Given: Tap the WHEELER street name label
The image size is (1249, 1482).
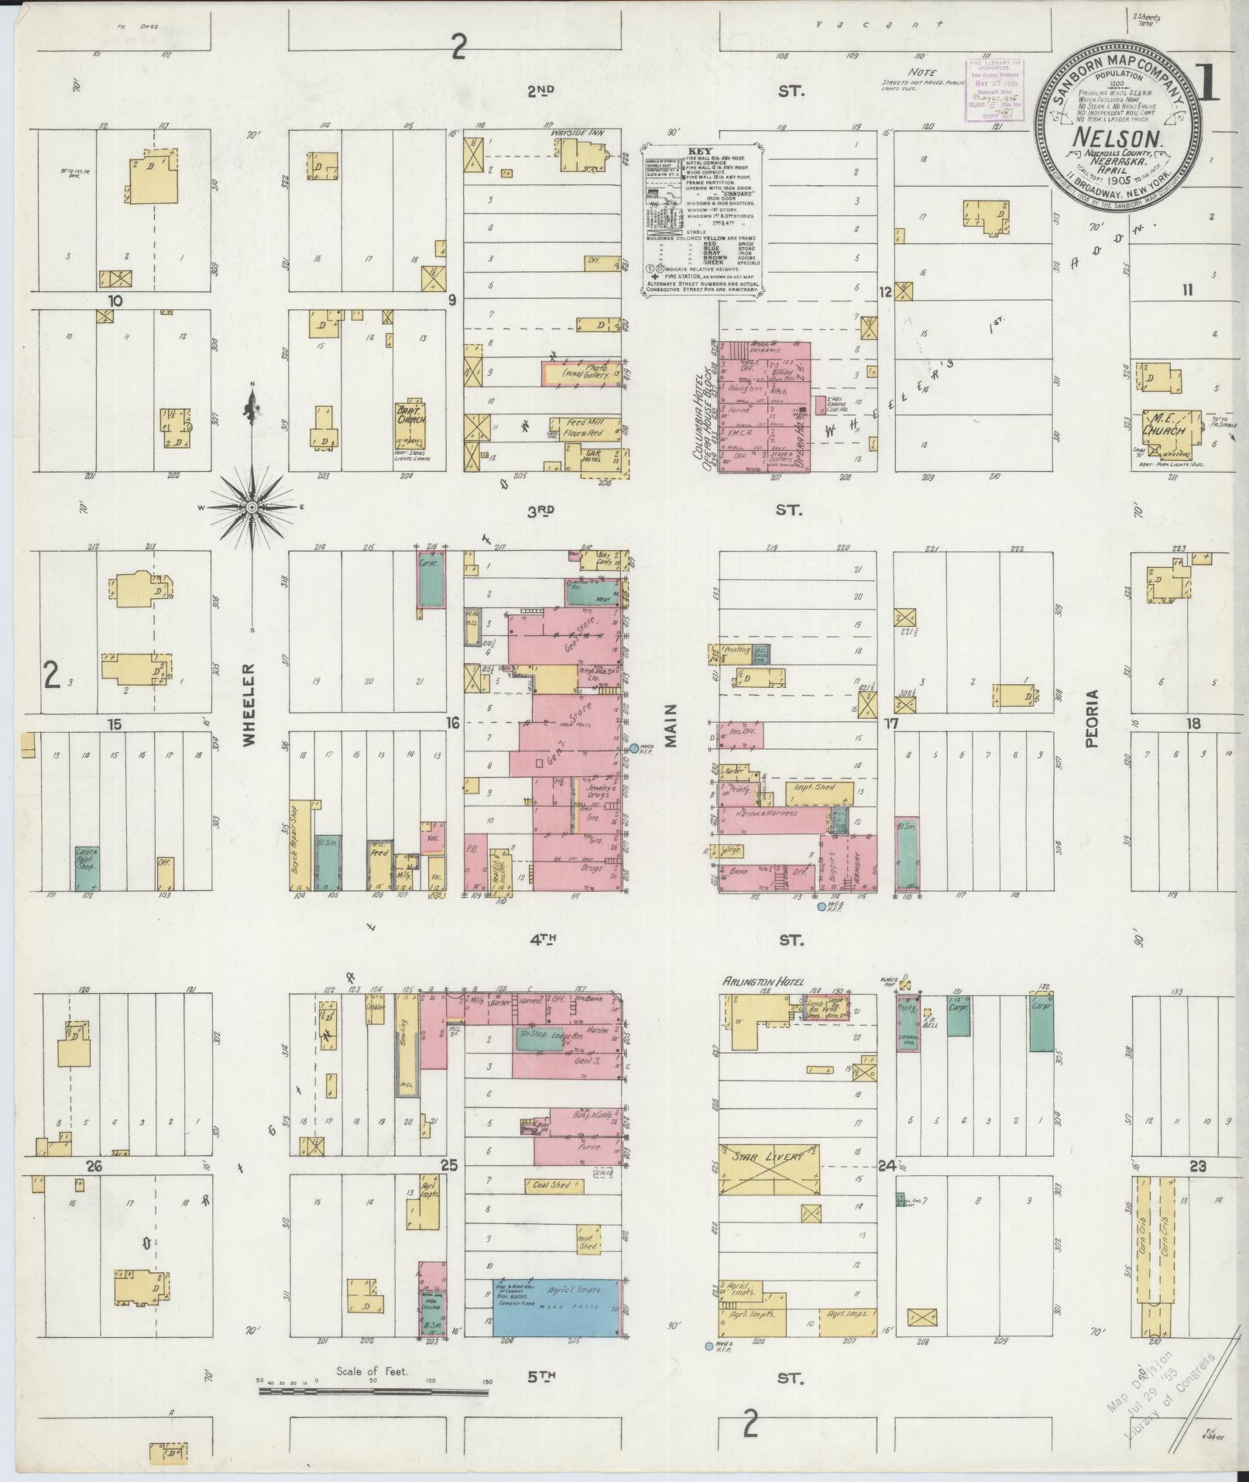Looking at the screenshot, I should [x=248, y=704].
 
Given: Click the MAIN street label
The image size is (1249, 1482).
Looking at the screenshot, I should [x=670, y=725].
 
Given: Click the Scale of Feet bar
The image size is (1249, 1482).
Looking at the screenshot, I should [x=373, y=1391].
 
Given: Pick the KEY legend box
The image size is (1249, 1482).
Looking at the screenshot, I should [x=702, y=220].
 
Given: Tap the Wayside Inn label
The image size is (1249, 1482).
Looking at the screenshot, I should [x=577, y=132].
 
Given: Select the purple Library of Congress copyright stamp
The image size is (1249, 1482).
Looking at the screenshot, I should [x=992, y=91].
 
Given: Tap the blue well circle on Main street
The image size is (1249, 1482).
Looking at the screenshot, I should [x=634, y=748].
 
